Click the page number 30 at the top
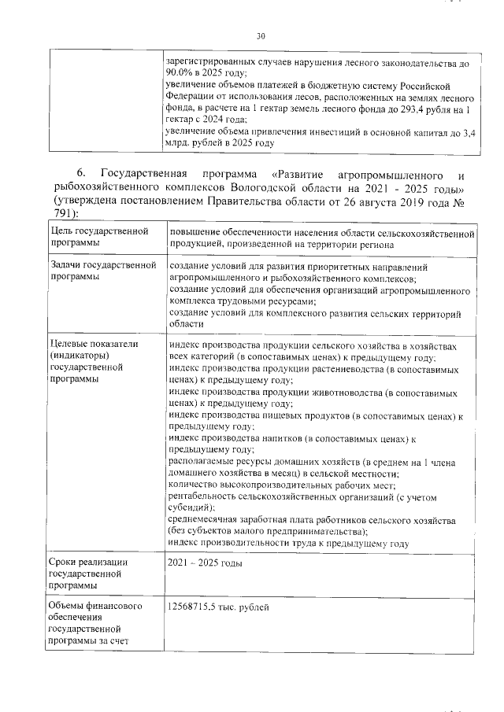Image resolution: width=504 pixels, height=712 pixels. tap(261, 35)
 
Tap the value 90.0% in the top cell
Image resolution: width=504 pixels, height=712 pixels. tap(183, 73)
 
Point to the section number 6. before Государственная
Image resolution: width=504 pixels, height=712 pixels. tap(81, 173)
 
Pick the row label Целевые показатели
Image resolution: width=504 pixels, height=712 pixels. tap(83, 344)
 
